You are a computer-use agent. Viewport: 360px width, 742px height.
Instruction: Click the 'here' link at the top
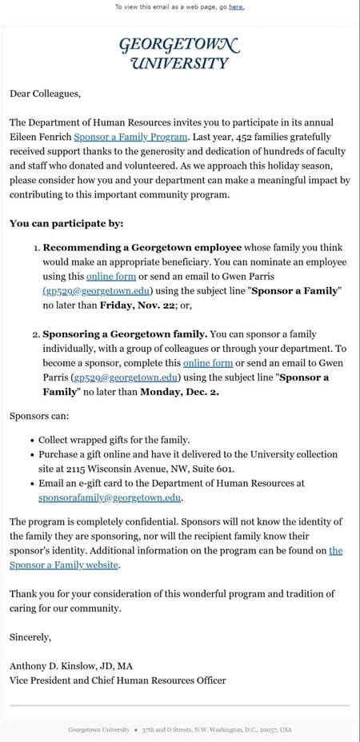point(237,6)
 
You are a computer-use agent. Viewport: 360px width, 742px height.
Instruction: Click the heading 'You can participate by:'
point(66,224)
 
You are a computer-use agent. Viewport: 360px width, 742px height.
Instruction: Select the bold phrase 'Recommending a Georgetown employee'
point(138,248)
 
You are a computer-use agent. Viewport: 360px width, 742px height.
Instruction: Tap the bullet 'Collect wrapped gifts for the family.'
point(114,440)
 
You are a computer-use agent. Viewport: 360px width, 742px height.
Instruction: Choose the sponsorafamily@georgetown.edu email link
point(110,497)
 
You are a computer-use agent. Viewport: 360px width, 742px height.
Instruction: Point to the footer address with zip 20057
point(216,730)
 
